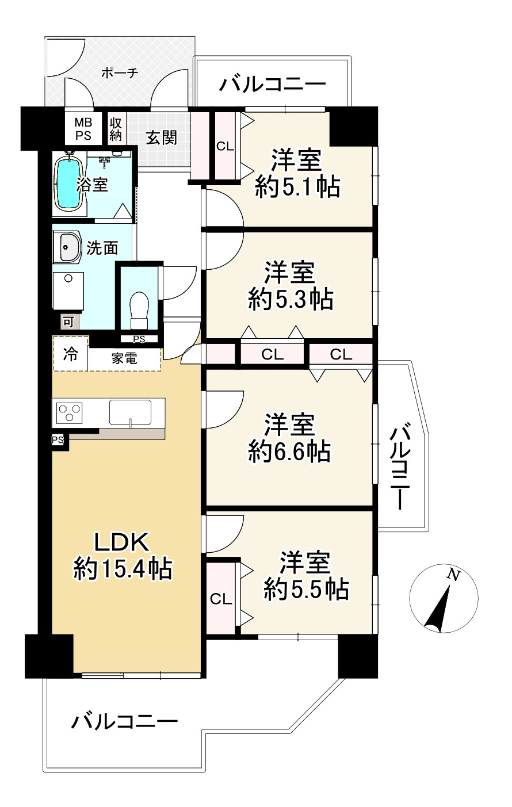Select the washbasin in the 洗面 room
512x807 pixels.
coord(68,248)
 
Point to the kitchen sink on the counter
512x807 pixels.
coord(130,412)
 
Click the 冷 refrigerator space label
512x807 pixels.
coord(70,355)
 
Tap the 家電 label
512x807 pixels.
coord(124,358)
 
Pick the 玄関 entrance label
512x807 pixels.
coord(161,137)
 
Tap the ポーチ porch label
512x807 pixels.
coord(119,73)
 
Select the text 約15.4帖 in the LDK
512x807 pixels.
coord(123,569)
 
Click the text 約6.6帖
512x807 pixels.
coord(289,452)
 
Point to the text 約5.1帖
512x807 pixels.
coord(297,187)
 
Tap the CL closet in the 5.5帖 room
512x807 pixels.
coord(221,599)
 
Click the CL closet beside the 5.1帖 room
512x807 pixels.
coord(225,146)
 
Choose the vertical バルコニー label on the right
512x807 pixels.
coord(399,466)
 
